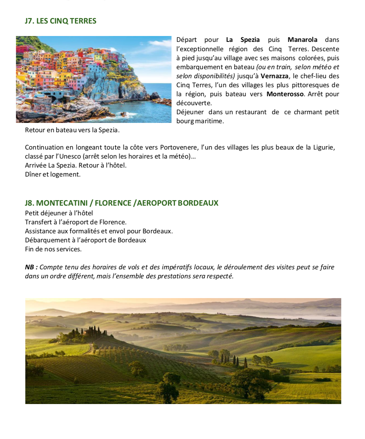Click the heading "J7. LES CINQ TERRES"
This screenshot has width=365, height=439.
click(60, 21)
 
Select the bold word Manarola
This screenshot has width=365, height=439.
click(302, 40)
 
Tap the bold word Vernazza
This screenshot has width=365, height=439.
click(274, 76)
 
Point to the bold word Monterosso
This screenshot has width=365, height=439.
click(285, 94)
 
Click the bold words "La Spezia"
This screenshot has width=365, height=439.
click(243, 40)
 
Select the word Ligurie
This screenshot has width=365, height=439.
click(324, 147)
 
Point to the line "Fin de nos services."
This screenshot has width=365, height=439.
click(53, 249)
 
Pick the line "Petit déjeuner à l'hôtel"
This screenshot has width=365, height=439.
click(59, 213)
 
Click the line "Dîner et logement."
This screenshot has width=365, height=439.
click(53, 174)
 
